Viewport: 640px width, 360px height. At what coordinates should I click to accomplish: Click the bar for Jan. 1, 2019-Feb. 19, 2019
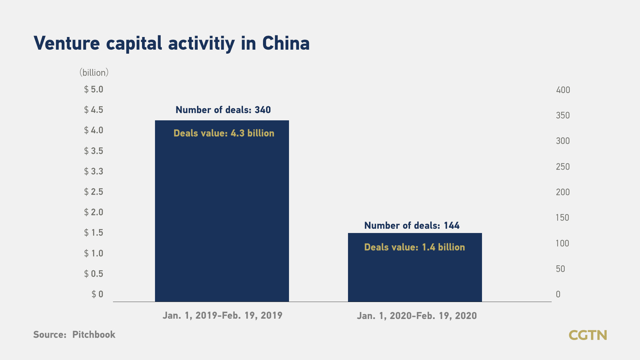tap(222, 211)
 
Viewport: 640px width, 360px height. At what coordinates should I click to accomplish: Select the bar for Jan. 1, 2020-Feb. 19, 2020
tap(415, 267)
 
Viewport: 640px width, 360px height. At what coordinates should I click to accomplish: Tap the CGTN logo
tap(588, 335)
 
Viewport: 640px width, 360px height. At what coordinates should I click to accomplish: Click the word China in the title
tap(286, 43)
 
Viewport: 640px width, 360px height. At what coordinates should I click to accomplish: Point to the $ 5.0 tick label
tap(94, 89)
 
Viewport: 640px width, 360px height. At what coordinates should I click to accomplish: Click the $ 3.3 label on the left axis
tap(94, 171)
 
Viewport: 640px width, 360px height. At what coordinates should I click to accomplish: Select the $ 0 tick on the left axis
tap(97, 294)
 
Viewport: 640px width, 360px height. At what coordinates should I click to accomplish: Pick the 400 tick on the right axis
tap(563, 90)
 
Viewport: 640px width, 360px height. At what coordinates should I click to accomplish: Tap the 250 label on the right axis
tap(563, 167)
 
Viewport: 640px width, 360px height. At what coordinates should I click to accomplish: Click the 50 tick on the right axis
tap(560, 269)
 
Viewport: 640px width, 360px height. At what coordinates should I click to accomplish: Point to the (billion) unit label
tap(94, 73)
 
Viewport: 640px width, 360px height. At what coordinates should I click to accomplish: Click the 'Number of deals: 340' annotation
tap(223, 110)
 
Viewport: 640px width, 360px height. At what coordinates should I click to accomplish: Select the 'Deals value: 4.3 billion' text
tap(224, 133)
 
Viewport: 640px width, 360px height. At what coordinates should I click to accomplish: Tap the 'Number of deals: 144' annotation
tap(412, 225)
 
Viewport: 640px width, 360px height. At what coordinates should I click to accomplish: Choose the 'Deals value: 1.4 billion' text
tap(415, 247)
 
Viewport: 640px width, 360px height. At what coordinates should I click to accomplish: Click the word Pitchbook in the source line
tap(94, 334)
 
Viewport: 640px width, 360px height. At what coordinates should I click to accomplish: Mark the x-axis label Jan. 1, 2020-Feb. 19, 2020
tap(417, 316)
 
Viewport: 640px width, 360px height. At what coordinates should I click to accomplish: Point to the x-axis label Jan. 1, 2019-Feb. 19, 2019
tap(223, 315)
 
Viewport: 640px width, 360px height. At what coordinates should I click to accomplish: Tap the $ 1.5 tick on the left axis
tap(94, 233)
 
